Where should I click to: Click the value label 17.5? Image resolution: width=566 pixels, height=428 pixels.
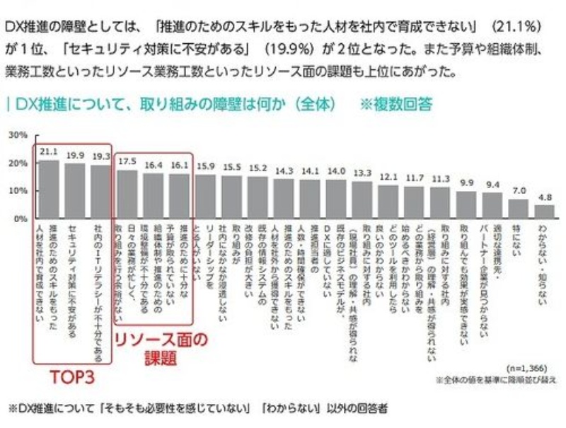127,161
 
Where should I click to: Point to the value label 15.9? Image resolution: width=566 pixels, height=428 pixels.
206,166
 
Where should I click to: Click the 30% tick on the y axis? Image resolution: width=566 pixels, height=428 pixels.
18,134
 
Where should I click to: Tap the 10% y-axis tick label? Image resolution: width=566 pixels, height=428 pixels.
18,191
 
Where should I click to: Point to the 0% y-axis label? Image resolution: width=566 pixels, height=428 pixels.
21,219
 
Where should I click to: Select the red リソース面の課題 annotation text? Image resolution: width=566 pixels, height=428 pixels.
162,349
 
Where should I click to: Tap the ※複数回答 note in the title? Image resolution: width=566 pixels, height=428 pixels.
396,103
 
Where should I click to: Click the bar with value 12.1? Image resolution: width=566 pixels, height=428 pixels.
388,202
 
